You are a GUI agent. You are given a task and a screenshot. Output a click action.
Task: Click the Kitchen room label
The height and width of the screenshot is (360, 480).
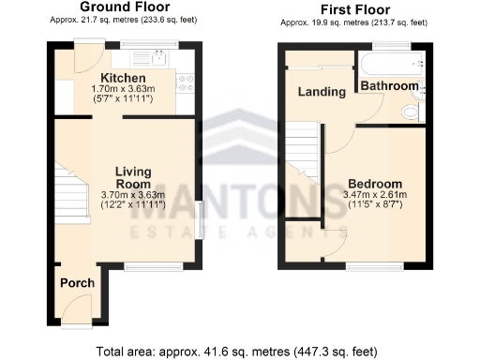[x=123, y=78]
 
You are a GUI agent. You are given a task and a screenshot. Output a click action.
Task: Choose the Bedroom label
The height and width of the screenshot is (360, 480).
[x=374, y=183]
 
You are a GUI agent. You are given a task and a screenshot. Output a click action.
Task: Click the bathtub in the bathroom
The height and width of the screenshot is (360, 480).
[x=388, y=63]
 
